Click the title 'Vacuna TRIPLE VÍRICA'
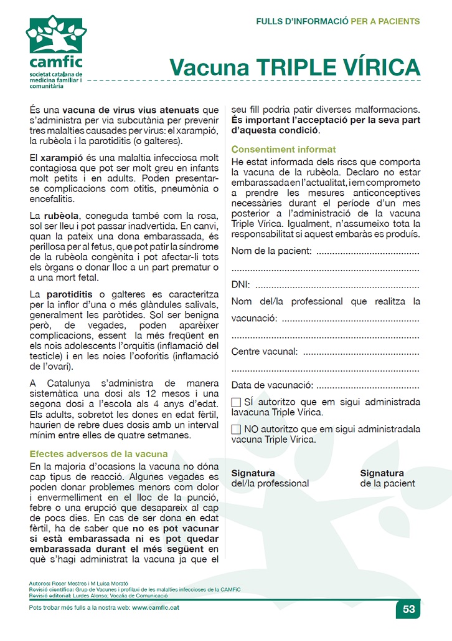[x=295, y=67]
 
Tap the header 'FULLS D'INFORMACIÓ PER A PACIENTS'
[x=338, y=21]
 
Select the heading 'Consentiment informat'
[x=283, y=150]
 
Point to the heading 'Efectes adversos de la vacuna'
[x=98, y=453]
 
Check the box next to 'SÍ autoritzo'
[x=236, y=402]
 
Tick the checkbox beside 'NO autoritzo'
[x=236, y=429]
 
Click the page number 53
[x=408, y=609]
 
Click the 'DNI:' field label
[x=241, y=285]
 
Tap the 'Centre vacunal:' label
[x=265, y=352]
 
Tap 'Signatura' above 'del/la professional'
[x=253, y=473]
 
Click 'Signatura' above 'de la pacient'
[x=382, y=473]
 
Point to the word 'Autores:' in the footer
[x=40, y=583]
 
